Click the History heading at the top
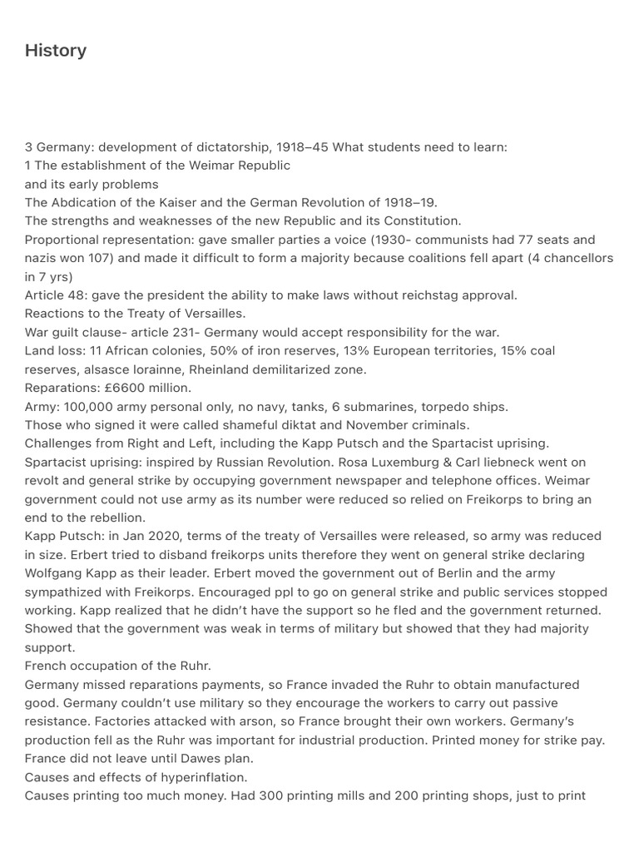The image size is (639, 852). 56,51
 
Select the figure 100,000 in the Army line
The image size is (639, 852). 92,406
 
